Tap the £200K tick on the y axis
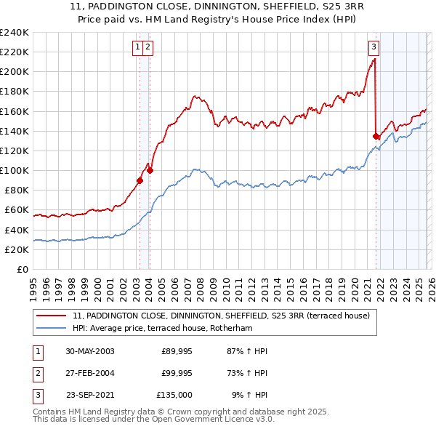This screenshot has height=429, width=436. coord(15,72)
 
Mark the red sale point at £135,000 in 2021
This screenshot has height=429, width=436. coord(376,136)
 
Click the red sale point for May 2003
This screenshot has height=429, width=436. coord(140,180)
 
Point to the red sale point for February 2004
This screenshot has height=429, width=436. coord(150,171)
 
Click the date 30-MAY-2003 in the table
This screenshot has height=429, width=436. coord(90,350)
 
